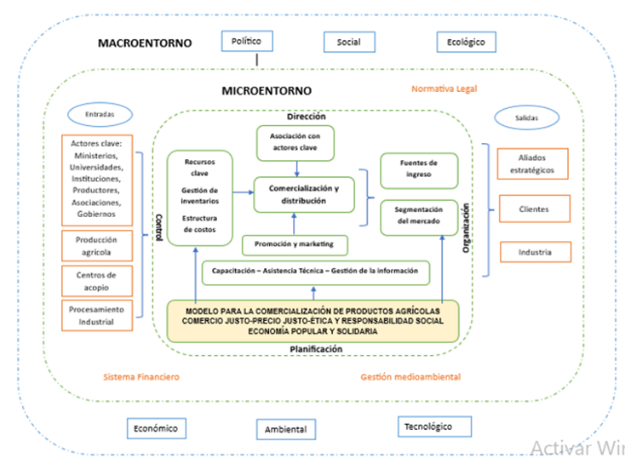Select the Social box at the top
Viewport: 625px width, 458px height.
pos(348,43)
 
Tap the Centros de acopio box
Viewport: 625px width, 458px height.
pos(96,280)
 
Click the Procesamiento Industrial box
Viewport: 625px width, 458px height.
pos(96,315)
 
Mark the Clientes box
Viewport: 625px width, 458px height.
pos(534,209)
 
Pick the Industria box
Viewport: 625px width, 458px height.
pos(534,252)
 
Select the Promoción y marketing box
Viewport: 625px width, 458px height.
pos(295,245)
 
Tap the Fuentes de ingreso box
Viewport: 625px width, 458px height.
pos(419,169)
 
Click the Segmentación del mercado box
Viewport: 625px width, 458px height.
pos(419,215)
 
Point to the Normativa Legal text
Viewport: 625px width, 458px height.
pos(444,89)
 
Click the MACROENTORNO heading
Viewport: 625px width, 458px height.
pos(145,43)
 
